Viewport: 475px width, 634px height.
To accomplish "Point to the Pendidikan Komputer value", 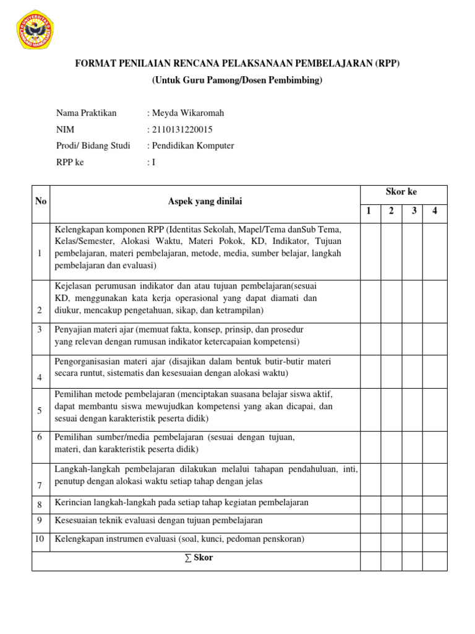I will pos(192,146).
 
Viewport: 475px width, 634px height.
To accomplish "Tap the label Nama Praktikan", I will pos(86,113).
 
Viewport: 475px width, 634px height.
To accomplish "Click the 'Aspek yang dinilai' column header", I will pos(205,201).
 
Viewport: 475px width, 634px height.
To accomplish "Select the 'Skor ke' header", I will pos(401,192).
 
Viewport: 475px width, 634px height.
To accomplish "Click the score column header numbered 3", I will pos(414,211).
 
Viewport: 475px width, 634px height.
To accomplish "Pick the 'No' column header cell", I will pos(41,201).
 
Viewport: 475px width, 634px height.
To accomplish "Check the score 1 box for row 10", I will pos(370,542).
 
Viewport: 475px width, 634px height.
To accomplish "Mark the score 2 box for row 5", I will pos(392,409).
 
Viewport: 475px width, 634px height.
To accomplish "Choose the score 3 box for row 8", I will pos(414,505).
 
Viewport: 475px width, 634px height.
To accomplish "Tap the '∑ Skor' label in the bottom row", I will pos(199,558).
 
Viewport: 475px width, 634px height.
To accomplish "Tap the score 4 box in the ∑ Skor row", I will pos(435,561).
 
